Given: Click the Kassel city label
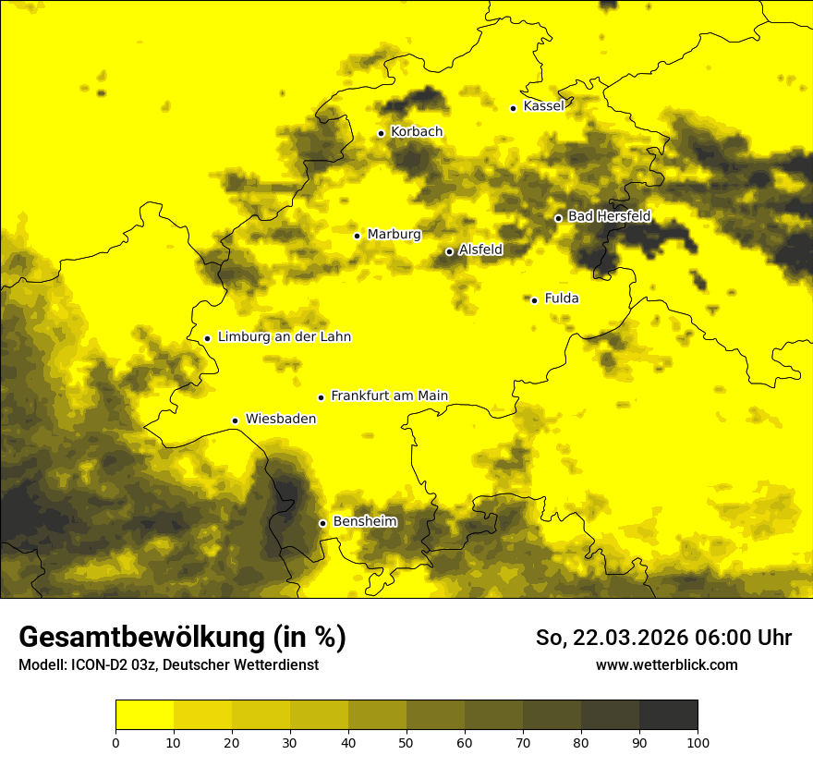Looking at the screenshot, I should click(543, 106).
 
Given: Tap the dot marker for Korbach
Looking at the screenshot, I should click(381, 133).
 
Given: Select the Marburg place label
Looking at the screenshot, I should click(394, 235).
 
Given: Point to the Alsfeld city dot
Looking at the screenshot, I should click(449, 251).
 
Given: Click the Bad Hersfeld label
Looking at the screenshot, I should click(609, 217).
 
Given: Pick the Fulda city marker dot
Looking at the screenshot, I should click(534, 300).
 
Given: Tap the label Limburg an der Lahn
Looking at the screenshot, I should click(284, 337).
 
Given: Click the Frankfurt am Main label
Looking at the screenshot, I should click(389, 396).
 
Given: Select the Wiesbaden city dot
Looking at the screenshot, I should click(235, 420).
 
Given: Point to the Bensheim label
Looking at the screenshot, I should click(364, 522).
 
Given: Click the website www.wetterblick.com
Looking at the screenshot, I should click(666, 665).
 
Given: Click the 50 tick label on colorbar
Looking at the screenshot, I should click(406, 742).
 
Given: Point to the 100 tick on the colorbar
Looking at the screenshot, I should click(697, 742).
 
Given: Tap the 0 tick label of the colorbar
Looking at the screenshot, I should click(115, 742).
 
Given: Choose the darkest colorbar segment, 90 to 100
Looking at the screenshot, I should click(668, 715).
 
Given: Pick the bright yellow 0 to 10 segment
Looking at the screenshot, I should click(144, 715).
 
